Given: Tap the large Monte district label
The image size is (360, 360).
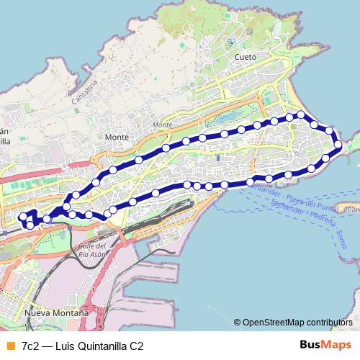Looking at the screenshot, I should click(x=116, y=137).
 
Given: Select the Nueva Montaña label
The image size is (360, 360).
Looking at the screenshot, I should click(x=57, y=314).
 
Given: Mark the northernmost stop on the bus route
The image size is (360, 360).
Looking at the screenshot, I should click(x=301, y=114).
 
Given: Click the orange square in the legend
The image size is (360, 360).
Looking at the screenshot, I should click(x=9, y=346).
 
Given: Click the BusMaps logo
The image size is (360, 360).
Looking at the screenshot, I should click(x=325, y=345).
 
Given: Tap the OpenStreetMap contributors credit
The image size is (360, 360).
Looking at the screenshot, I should click(x=297, y=322).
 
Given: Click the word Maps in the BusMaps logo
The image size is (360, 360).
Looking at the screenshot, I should click(x=336, y=345).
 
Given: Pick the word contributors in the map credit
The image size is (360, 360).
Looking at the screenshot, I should click(x=328, y=322).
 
